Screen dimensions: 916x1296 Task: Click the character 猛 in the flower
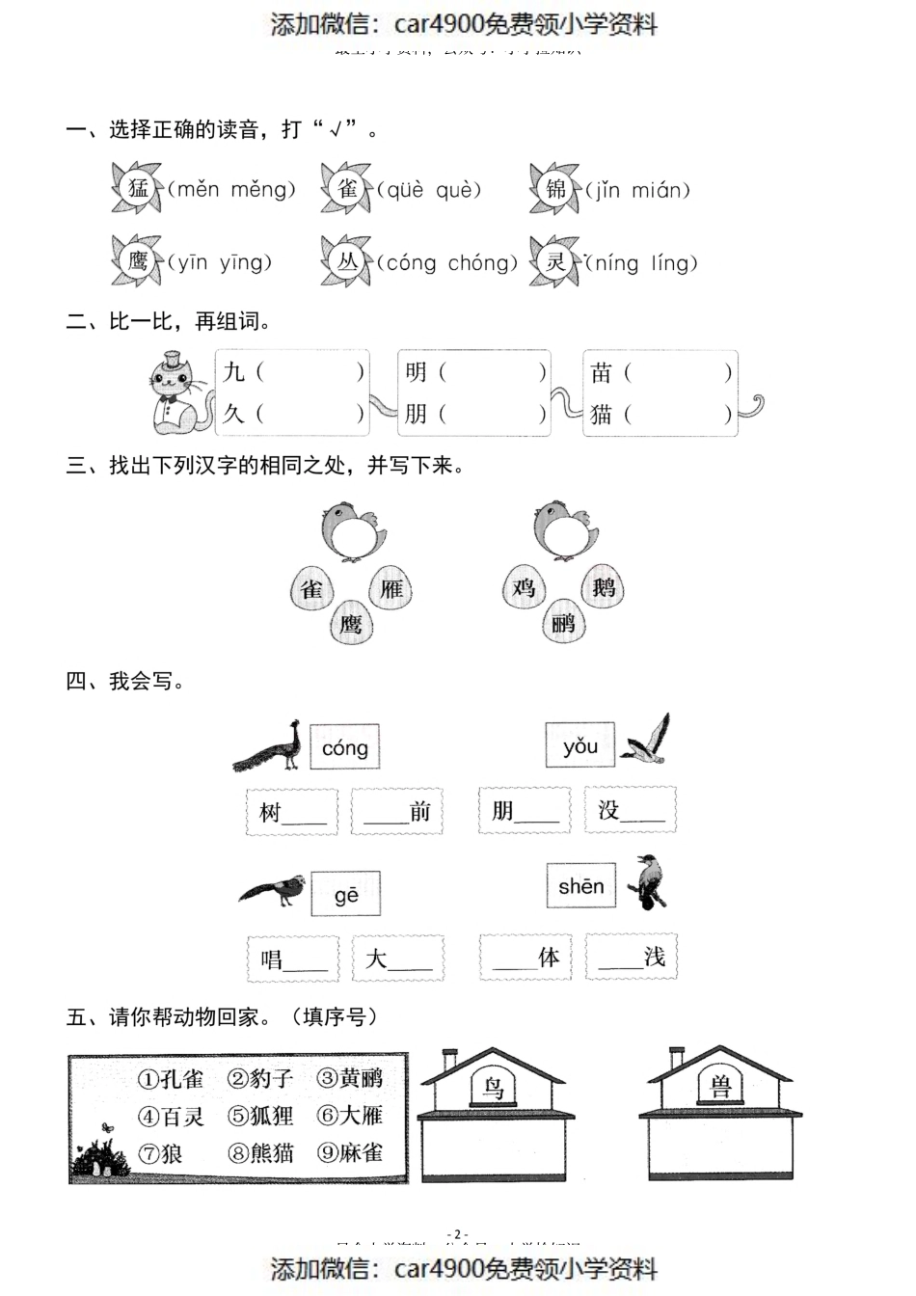click(138, 187)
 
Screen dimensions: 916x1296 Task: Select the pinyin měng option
click(262, 190)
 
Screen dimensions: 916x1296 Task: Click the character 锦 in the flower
click(556, 187)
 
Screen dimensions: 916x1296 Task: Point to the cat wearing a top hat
click(178, 393)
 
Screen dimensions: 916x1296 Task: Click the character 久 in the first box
click(234, 414)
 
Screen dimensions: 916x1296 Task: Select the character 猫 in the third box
click(602, 415)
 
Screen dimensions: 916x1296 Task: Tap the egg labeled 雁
click(391, 587)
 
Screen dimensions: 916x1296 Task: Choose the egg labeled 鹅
click(603, 586)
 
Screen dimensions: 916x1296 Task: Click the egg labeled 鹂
click(563, 622)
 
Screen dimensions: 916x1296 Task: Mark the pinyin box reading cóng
click(345, 747)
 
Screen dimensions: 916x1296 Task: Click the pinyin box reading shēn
click(580, 886)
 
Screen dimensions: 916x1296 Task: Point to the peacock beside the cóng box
click(269, 746)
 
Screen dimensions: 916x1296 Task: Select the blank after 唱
click(306, 960)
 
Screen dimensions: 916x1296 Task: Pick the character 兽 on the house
click(719, 1088)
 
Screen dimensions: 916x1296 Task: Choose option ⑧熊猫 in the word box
click(260, 1152)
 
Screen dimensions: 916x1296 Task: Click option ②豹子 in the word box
click(260, 1078)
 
